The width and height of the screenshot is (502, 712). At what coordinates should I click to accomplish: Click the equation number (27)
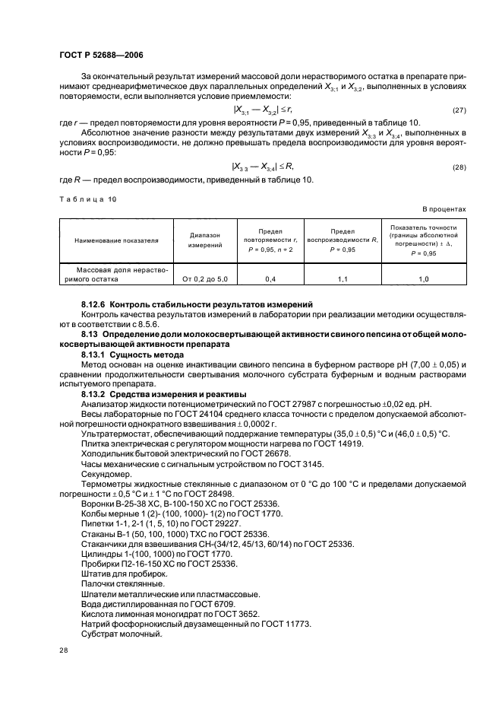tap(458, 111)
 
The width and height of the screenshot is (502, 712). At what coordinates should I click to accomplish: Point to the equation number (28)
tap(458, 167)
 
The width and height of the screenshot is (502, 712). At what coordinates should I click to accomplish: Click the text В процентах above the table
tap(444, 208)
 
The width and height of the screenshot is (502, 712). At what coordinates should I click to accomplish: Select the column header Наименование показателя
tap(116, 240)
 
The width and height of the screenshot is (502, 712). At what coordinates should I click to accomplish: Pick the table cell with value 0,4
tap(270, 280)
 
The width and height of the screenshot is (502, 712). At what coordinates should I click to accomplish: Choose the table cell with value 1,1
tap(343, 280)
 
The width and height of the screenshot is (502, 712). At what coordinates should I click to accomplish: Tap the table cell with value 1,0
tap(423, 280)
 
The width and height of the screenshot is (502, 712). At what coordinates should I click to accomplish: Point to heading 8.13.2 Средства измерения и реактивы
tap(164, 394)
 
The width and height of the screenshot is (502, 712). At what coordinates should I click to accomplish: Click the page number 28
tap(63, 650)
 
